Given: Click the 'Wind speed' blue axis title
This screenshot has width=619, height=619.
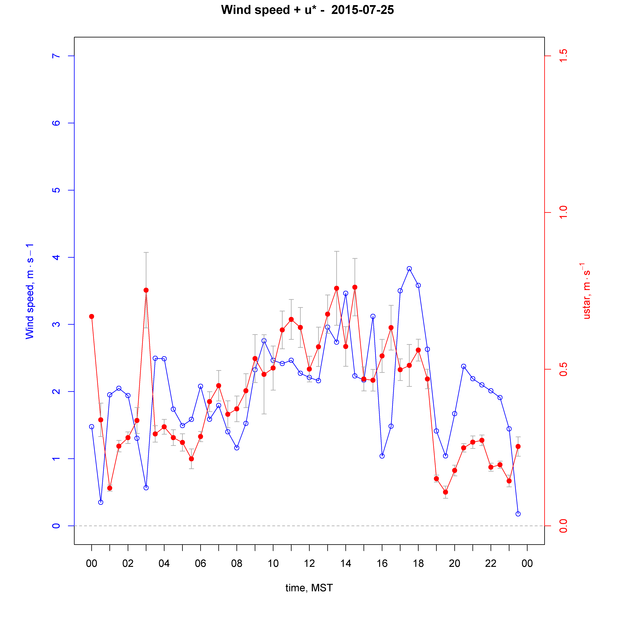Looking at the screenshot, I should tap(30, 291).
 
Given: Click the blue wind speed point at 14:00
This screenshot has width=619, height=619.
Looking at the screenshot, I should tap(346, 293).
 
